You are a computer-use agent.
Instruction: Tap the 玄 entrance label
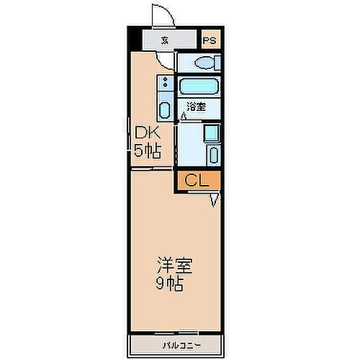pos(165,40)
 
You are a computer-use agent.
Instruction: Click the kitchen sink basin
pos(165,111)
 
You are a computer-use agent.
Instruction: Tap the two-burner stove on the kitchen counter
pos(165,84)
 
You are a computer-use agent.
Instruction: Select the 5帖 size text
pos(147,150)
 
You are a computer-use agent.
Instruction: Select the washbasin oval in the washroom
pos(213,154)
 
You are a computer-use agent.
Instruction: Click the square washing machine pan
pos(212,133)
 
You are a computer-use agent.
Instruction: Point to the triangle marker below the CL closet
pos(215,201)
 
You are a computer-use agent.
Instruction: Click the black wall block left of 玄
pos(135,40)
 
